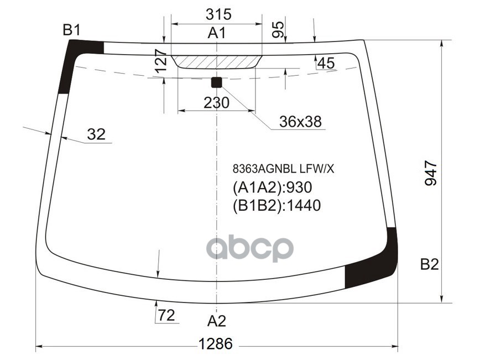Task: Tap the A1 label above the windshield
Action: point(216,34)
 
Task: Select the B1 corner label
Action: point(71,31)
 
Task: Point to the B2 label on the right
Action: point(429,265)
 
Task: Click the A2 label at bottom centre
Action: point(217,321)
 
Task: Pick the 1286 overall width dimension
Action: point(215,344)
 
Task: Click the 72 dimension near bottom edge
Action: point(166,316)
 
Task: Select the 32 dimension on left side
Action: point(96,134)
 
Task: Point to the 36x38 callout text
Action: point(300,122)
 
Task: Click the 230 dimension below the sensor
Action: point(216,103)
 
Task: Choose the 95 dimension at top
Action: point(279,30)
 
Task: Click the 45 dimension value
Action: point(325,64)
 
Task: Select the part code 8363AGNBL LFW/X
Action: point(283,169)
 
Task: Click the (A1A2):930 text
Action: point(273,187)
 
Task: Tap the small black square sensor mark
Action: point(216,82)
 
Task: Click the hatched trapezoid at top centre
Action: point(216,61)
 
